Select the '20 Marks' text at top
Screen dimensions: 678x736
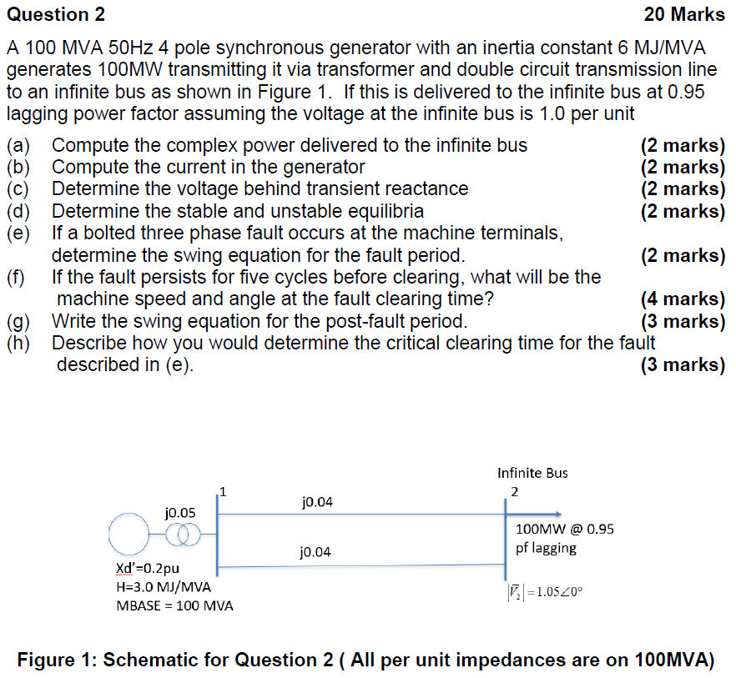(684, 14)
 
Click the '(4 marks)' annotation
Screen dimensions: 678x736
(683, 299)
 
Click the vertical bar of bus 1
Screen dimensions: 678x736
(217, 534)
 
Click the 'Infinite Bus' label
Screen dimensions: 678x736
(532, 473)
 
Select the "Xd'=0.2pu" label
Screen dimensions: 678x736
(146, 569)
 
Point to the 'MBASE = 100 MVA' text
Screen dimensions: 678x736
(174, 605)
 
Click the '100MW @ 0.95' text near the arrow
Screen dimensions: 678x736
(565, 529)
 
